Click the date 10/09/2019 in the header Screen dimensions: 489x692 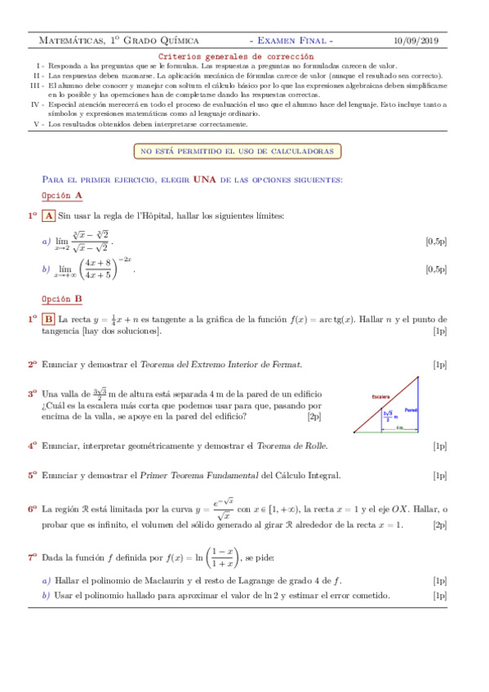416,40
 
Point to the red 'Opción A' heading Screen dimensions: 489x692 61,196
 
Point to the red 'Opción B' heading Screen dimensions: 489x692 61,299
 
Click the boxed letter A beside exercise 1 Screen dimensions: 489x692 47,215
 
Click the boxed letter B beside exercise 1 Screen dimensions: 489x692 48,319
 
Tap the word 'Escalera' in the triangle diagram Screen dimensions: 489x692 380,397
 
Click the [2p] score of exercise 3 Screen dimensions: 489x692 314,416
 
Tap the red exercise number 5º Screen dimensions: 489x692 33,475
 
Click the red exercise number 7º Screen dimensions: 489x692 33,557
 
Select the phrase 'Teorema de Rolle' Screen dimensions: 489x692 291,446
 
